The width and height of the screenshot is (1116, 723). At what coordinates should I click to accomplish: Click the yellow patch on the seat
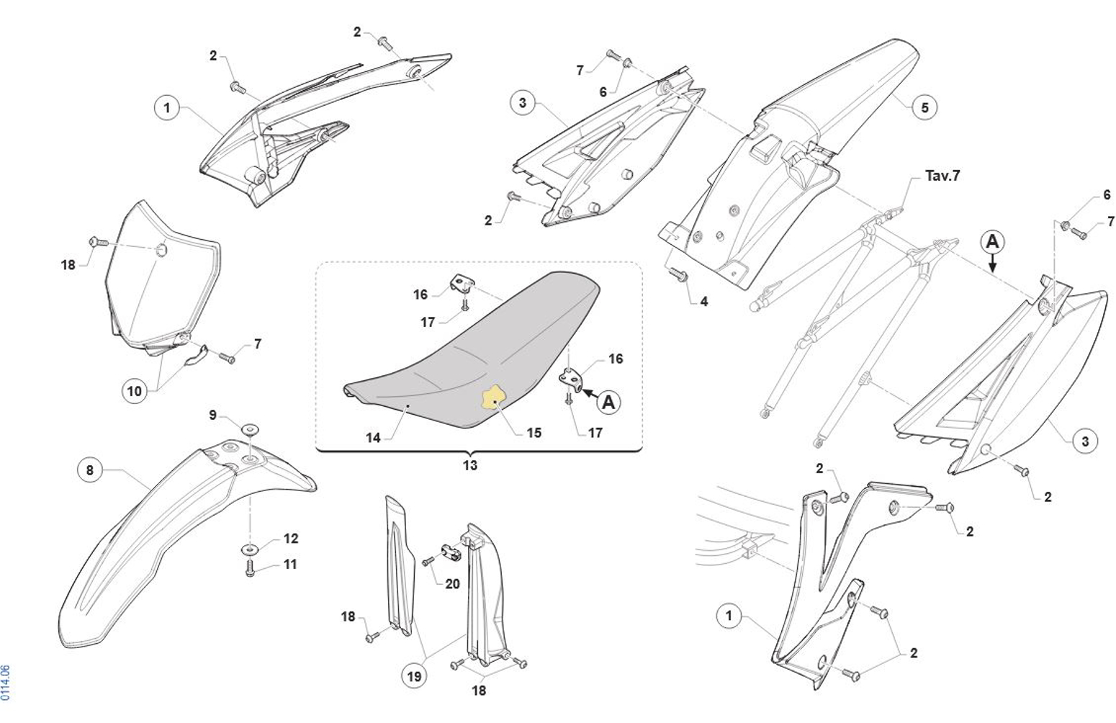[493, 397]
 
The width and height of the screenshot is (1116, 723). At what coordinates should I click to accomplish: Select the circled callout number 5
[924, 107]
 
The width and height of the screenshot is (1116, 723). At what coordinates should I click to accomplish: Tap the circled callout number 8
[90, 470]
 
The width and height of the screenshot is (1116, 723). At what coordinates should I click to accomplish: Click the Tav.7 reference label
[942, 176]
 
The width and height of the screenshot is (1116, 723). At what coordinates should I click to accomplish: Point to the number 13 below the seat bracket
[470, 465]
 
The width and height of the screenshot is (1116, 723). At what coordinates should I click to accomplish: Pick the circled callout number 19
[414, 676]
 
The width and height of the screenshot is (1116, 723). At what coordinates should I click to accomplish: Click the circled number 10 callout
[135, 391]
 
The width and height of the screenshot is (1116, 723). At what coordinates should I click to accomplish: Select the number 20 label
[452, 583]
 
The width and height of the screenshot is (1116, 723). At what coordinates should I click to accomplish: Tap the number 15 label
[534, 433]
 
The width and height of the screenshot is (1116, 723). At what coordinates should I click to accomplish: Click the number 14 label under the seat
[373, 438]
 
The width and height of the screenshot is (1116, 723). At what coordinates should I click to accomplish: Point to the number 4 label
[704, 302]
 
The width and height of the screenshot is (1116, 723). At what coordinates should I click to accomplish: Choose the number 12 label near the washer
[291, 538]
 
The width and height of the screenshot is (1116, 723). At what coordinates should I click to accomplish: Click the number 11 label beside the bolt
[290, 564]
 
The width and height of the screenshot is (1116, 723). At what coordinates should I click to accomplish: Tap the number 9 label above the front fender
[212, 415]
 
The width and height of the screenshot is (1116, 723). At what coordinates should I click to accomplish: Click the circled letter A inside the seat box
[609, 402]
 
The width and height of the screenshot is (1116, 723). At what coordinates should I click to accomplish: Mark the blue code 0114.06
[5, 683]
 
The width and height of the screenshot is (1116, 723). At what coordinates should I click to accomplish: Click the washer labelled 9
[250, 428]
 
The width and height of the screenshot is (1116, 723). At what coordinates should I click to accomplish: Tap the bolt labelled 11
[250, 567]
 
